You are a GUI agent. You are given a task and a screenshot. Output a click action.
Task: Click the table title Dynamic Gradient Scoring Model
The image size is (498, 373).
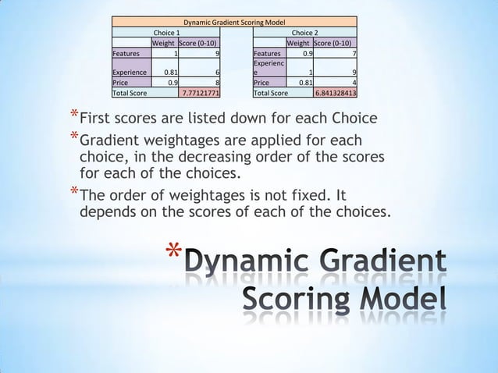[x=234, y=22]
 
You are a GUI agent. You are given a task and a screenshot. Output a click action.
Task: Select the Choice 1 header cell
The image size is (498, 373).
[x=166, y=33]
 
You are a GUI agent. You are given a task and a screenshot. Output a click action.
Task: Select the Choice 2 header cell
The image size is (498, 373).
[x=304, y=33]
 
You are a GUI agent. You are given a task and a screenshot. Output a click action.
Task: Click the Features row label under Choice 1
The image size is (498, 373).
[x=126, y=54]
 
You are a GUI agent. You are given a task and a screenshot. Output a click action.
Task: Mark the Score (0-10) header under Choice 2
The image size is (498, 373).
[x=335, y=43]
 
